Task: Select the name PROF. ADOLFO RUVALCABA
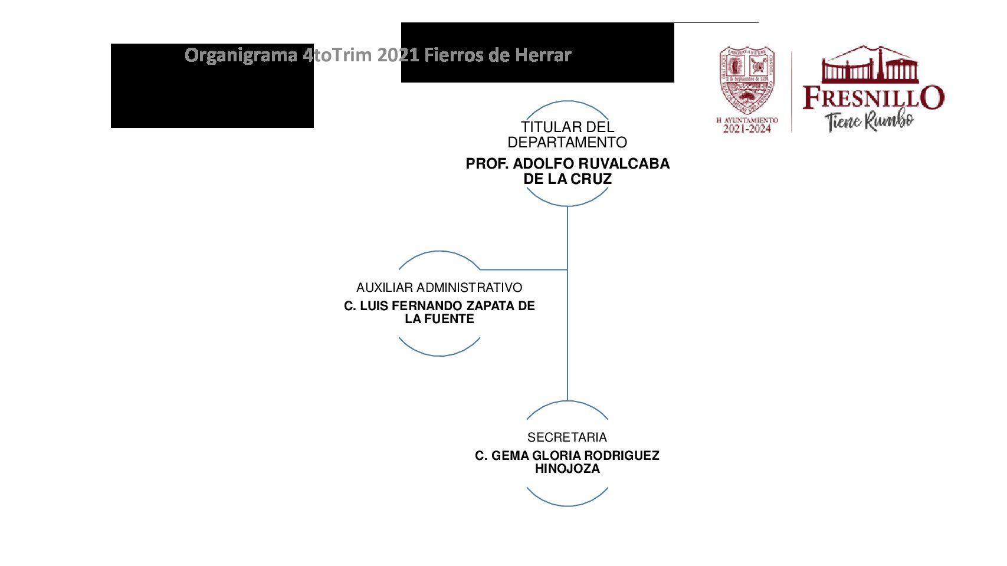pyautogui.click(x=568, y=163)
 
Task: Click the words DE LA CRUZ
pyautogui.click(x=568, y=179)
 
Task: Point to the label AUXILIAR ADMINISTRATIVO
pyautogui.click(x=439, y=288)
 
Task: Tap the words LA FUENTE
pyautogui.click(x=439, y=319)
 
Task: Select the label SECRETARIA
pyautogui.click(x=567, y=437)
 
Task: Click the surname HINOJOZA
pyautogui.click(x=567, y=469)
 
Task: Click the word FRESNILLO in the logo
pyautogui.click(x=873, y=98)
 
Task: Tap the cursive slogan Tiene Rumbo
pyautogui.click(x=869, y=121)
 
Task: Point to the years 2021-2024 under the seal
pyautogui.click(x=747, y=129)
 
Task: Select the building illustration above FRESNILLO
pyautogui.click(x=870, y=65)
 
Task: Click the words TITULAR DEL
pyautogui.click(x=568, y=127)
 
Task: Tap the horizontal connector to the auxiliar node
pyautogui.click(x=524, y=269)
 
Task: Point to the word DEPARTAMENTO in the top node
pyautogui.click(x=567, y=143)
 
